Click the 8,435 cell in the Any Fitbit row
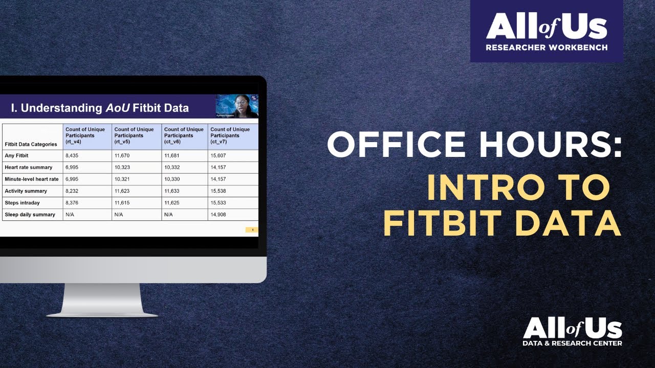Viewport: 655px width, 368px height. [73, 156]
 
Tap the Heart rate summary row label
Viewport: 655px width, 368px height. [29, 168]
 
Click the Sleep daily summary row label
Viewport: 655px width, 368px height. [30, 215]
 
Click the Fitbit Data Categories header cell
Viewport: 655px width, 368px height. [31, 144]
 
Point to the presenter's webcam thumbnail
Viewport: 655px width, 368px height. [236, 106]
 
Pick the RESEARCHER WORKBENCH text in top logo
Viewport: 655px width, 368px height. [547, 48]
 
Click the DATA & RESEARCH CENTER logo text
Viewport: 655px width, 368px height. [572, 343]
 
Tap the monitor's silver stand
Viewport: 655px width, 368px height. [102, 299]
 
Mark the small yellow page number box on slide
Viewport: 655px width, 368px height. [252, 230]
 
